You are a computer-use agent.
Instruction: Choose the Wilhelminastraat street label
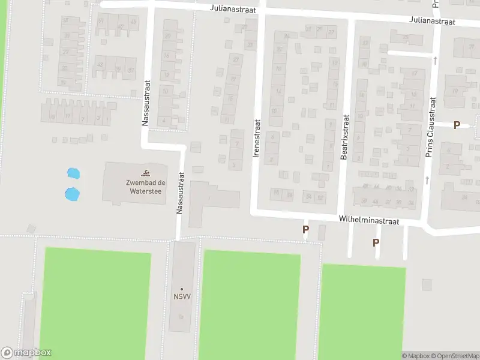tap(368, 221)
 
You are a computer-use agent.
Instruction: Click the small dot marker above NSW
tap(182, 289)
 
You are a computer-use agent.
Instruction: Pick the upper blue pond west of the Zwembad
tap(73, 174)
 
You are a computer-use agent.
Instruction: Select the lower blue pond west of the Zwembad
tap(71, 194)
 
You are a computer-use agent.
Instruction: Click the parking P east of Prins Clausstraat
tap(457, 125)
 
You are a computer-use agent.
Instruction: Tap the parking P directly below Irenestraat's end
tap(305, 229)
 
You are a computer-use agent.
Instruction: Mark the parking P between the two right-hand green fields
tap(376, 242)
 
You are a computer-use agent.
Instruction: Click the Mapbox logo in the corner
tap(26, 353)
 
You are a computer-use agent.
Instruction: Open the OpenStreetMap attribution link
tap(454, 356)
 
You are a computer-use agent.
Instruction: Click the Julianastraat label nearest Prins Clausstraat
tap(433, 21)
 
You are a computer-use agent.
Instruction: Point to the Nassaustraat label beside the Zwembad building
tap(179, 194)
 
